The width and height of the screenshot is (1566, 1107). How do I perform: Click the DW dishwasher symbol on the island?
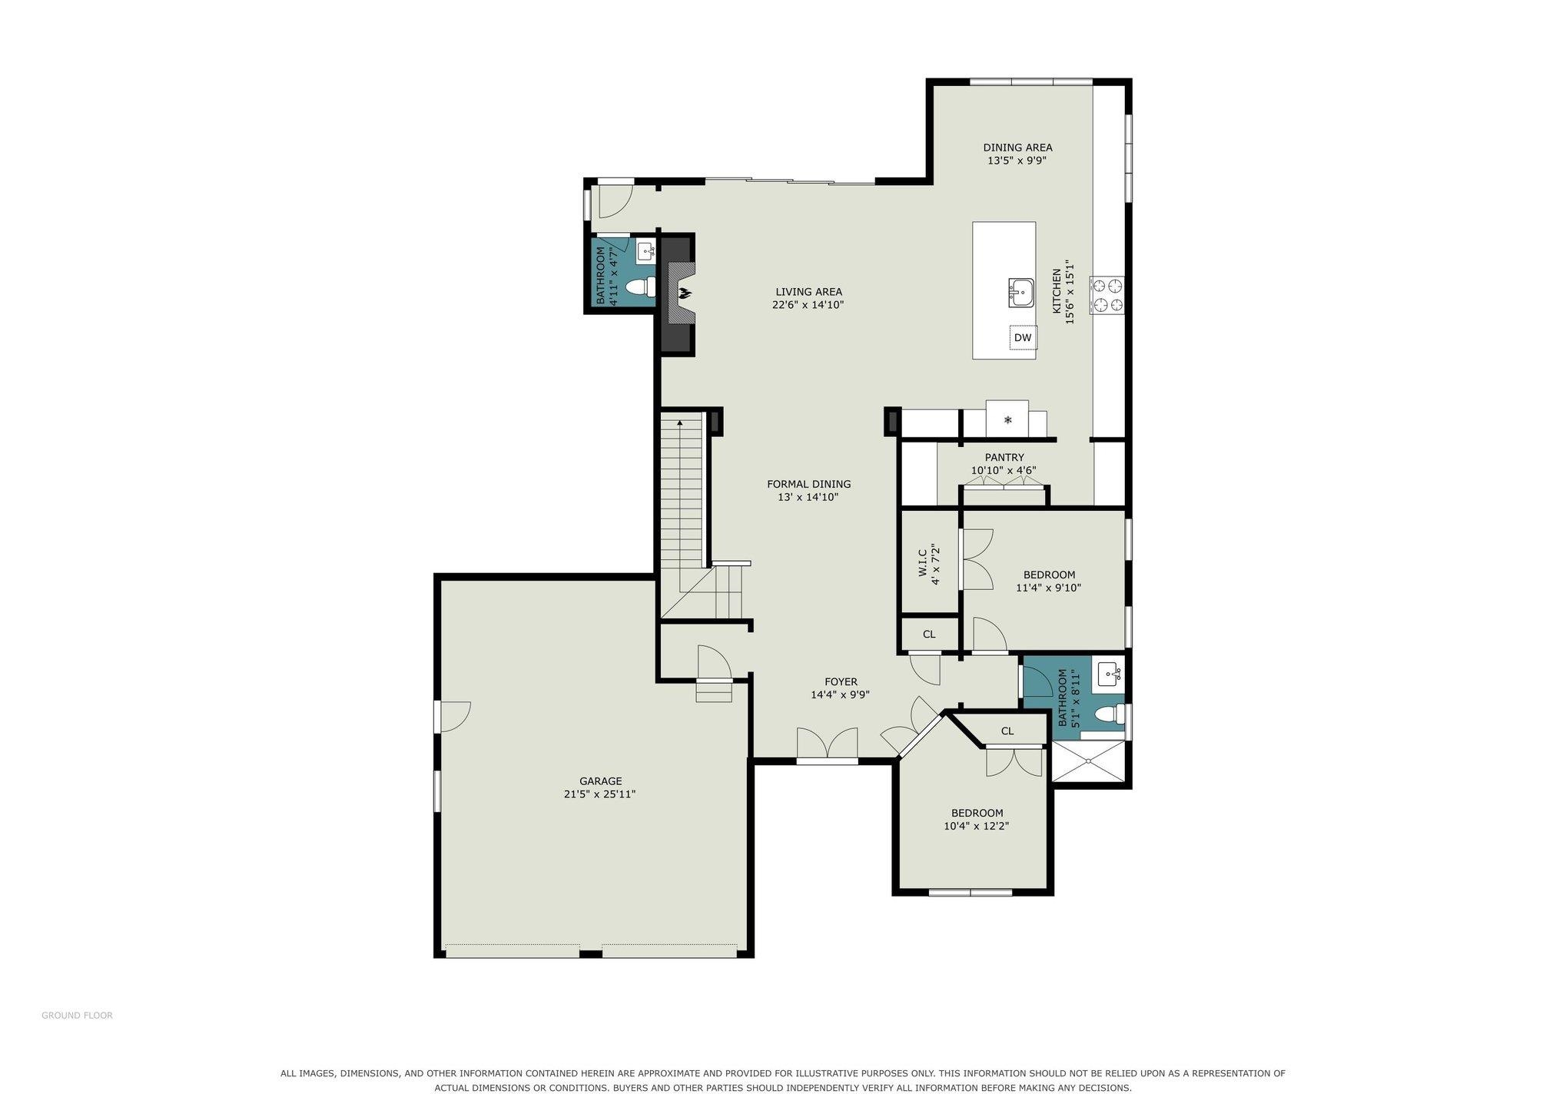click(x=1022, y=337)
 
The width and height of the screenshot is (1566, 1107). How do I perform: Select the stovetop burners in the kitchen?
click(x=1106, y=296)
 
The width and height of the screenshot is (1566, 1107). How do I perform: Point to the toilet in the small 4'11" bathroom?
click(x=640, y=287)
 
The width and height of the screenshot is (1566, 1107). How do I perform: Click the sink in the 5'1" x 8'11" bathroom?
click(x=1110, y=674)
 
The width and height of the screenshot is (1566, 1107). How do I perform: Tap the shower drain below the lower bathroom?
click(x=1089, y=761)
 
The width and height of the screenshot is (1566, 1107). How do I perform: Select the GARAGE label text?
click(x=600, y=781)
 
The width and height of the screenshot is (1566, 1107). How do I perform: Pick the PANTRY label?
click(x=1004, y=457)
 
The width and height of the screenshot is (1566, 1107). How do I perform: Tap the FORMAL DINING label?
click(x=808, y=484)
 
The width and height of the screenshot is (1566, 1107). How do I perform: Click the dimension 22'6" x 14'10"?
click(x=808, y=305)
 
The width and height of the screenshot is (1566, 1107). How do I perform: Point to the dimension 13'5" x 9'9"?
click(x=1017, y=161)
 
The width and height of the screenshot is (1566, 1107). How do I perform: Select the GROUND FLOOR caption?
click(x=77, y=1016)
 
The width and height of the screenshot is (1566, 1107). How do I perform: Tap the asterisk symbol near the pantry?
click(x=1008, y=420)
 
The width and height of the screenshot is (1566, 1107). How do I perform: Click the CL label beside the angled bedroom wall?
click(x=1007, y=731)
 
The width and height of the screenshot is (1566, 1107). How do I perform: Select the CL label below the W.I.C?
click(x=929, y=635)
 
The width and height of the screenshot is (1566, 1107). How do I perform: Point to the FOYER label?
click(x=841, y=681)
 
